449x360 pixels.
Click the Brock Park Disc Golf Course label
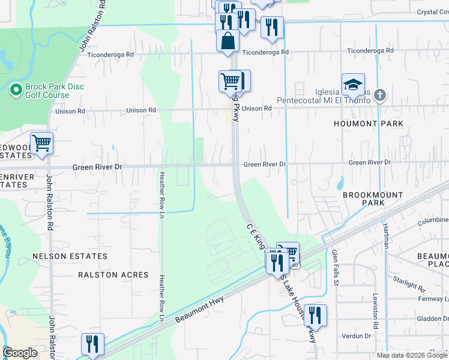click(x=54, y=91)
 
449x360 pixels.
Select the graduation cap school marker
click(x=353, y=85)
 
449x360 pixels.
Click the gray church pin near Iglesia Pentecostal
click(x=379, y=95)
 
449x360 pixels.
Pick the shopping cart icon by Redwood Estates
click(x=41, y=143)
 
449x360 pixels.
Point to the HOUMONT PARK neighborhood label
click(x=369, y=124)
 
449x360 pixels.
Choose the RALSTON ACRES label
click(x=113, y=275)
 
